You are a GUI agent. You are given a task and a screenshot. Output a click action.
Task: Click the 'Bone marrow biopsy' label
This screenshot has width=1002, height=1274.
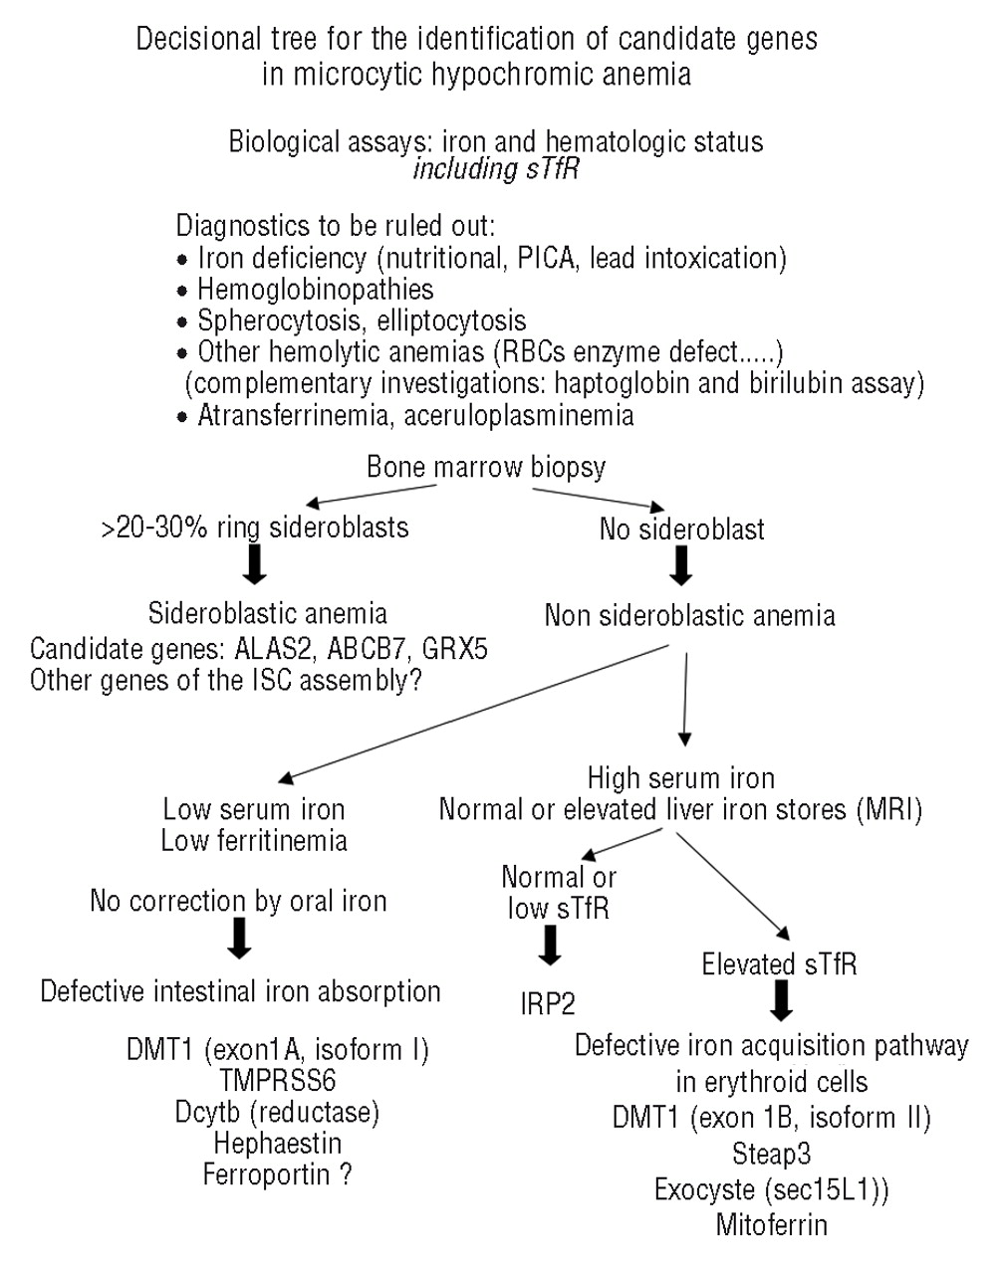point(486,467)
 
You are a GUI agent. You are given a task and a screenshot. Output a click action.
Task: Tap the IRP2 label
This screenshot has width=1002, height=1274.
point(548,1003)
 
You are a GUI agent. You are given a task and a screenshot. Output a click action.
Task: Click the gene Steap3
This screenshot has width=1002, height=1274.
point(771,1154)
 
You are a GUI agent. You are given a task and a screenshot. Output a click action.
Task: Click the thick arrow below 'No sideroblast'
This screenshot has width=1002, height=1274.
point(682,566)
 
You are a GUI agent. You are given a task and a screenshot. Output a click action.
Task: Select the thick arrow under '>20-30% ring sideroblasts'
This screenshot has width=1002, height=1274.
point(255,563)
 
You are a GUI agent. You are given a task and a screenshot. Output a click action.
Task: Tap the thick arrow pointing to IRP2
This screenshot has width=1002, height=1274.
point(549,946)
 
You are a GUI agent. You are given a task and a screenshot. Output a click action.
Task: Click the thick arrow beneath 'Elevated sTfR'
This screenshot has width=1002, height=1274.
point(781,1000)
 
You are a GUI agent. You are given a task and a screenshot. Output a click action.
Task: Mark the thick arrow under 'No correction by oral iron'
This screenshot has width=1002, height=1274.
point(239,938)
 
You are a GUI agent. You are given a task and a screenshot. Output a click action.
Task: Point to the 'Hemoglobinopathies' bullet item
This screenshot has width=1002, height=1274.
point(315,290)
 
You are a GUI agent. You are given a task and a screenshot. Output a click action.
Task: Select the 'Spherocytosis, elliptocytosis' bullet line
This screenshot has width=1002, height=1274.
point(361,320)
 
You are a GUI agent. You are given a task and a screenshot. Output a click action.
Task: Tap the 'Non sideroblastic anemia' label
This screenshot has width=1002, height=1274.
point(689,614)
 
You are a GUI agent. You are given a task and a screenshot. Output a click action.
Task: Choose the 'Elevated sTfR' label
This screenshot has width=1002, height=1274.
point(779,964)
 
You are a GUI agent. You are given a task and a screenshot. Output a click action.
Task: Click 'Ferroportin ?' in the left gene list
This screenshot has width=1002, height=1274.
point(277,1174)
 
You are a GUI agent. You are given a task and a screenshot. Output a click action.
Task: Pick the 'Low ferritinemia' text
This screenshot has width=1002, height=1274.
point(254,841)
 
